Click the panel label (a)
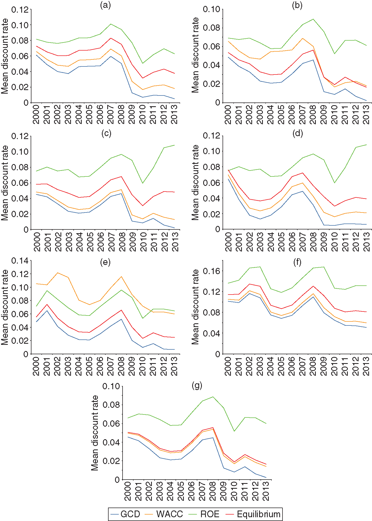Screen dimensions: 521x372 click(x=105, y=5)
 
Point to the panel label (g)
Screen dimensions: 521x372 click(x=197, y=385)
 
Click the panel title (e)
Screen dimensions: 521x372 click(x=105, y=262)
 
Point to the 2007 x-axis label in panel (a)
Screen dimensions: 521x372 click(x=111, y=115)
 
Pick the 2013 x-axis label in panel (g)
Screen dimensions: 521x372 click(x=266, y=491)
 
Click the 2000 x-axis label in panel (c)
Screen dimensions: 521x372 click(x=37, y=242)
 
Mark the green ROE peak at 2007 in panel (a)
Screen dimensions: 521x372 click(x=111, y=24)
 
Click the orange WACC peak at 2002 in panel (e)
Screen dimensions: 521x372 click(x=58, y=273)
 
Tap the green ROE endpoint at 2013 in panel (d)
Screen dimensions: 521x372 click(x=366, y=145)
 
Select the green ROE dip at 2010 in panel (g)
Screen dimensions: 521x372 click(x=234, y=431)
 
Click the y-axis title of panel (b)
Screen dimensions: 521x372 click(x=195, y=55)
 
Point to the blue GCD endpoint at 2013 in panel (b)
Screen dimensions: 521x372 click(x=366, y=101)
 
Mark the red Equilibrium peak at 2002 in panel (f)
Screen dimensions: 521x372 click(x=249, y=284)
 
